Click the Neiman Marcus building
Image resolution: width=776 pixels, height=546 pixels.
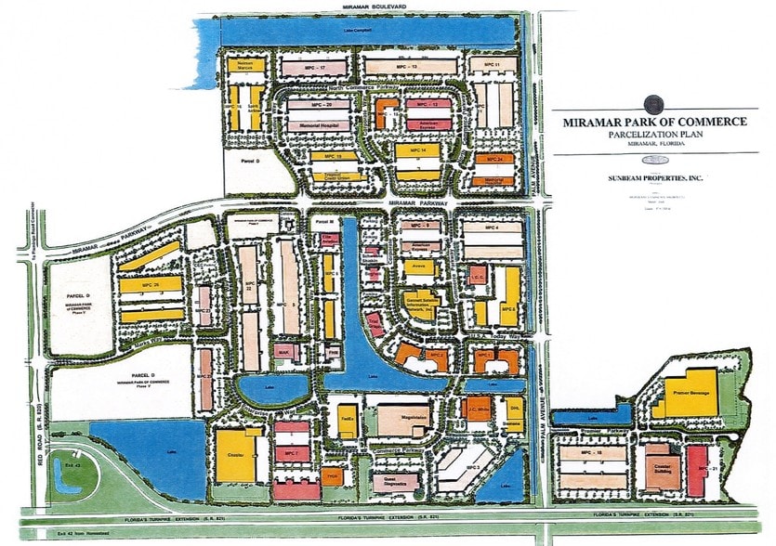[246, 66]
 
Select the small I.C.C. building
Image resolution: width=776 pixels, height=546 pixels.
[477, 276]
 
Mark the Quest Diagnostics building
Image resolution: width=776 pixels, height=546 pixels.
[395, 480]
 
